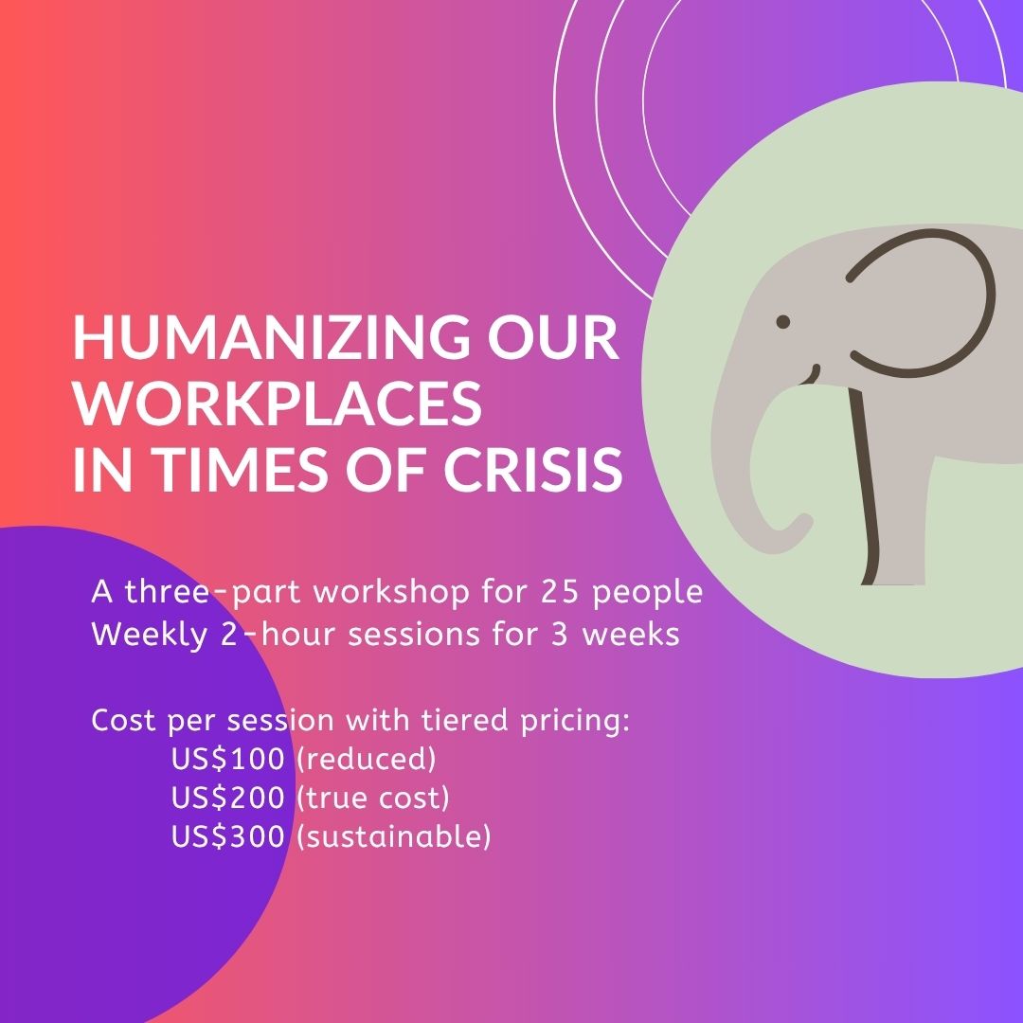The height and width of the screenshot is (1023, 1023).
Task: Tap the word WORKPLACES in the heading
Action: [278, 403]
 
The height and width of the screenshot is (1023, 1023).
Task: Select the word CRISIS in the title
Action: [533, 469]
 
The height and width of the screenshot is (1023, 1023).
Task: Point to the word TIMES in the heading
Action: [241, 469]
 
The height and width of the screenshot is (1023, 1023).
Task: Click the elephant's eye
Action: [783, 322]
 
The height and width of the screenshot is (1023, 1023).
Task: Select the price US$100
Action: [227, 759]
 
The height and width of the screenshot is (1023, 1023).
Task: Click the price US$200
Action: [227, 798]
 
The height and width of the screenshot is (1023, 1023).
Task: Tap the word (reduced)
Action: [366, 760]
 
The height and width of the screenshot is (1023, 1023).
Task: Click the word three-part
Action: [213, 593]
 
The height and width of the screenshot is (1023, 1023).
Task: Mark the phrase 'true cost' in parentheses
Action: [372, 799]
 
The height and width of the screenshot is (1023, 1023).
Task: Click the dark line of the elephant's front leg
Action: [867, 486]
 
